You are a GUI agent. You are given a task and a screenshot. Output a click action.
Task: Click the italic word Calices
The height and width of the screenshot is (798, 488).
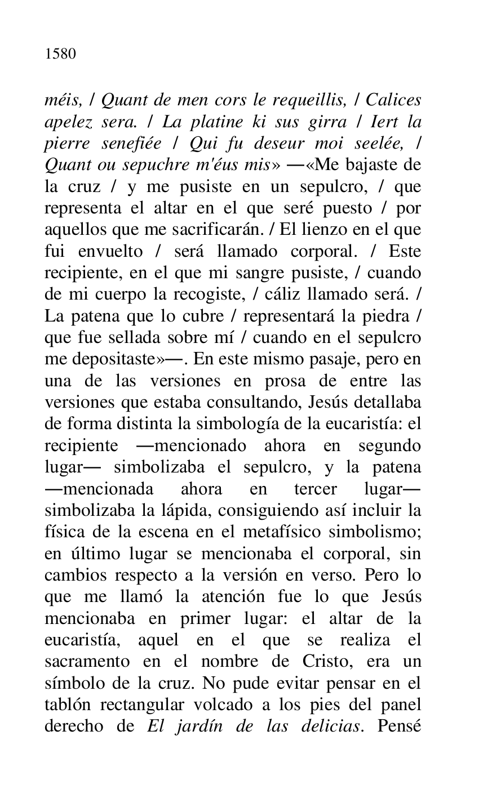tap(393, 100)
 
